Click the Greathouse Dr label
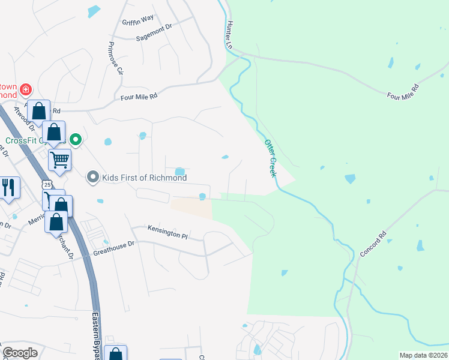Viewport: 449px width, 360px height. pyautogui.click(x=115, y=248)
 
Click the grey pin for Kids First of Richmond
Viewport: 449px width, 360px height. pyautogui.click(x=92, y=177)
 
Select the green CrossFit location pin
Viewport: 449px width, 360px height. pyautogui.click(x=76, y=140)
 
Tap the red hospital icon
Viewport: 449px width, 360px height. pyautogui.click(x=26, y=91)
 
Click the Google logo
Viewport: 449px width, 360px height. pyautogui.click(x=20, y=353)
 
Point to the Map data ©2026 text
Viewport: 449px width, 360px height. pyautogui.click(x=423, y=355)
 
